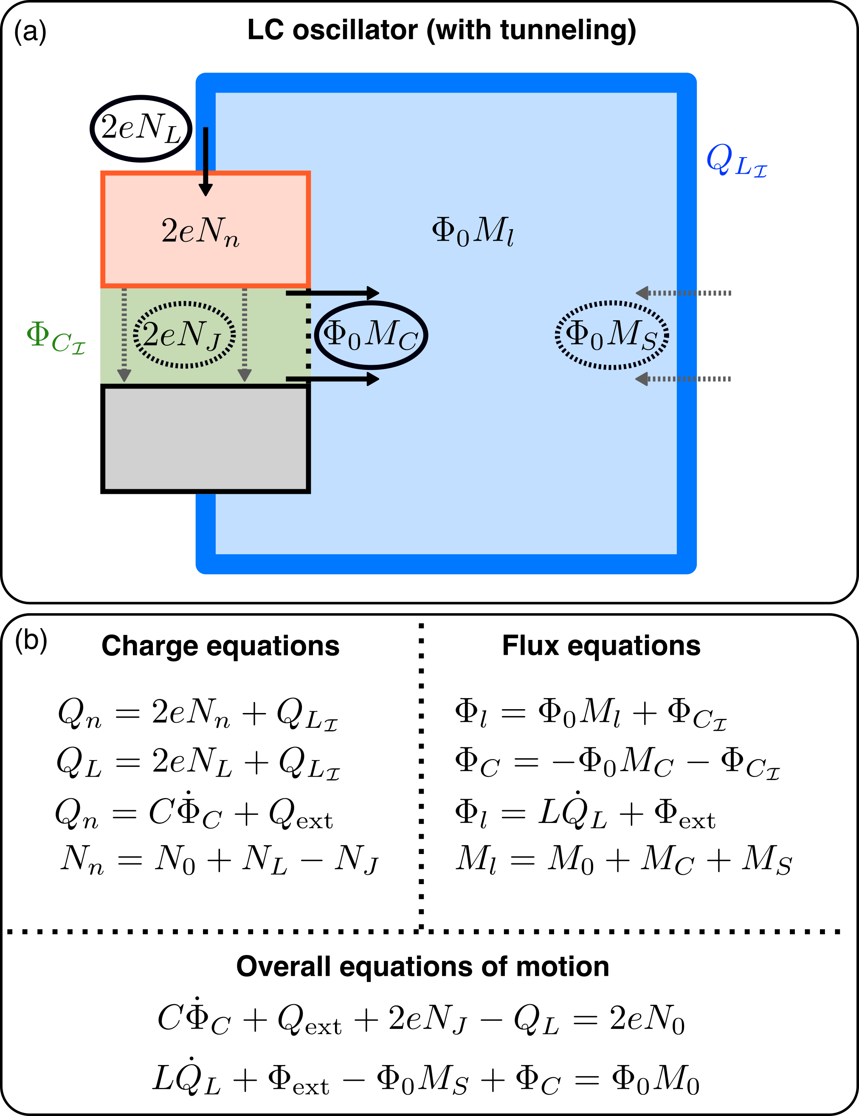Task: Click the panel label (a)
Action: click(30, 32)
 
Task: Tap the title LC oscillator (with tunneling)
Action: click(442, 30)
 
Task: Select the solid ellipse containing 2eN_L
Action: click(141, 128)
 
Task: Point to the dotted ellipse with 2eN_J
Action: click(184, 335)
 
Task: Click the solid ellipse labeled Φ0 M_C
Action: click(371, 335)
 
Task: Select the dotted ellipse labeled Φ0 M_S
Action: click(612, 335)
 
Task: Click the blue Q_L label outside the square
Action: click(736, 161)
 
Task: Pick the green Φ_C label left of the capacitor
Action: click(55, 337)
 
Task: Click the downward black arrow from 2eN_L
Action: click(206, 161)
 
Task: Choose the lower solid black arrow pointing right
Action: click(332, 379)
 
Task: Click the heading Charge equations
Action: click(220, 646)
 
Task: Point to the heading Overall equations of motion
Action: click(422, 967)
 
